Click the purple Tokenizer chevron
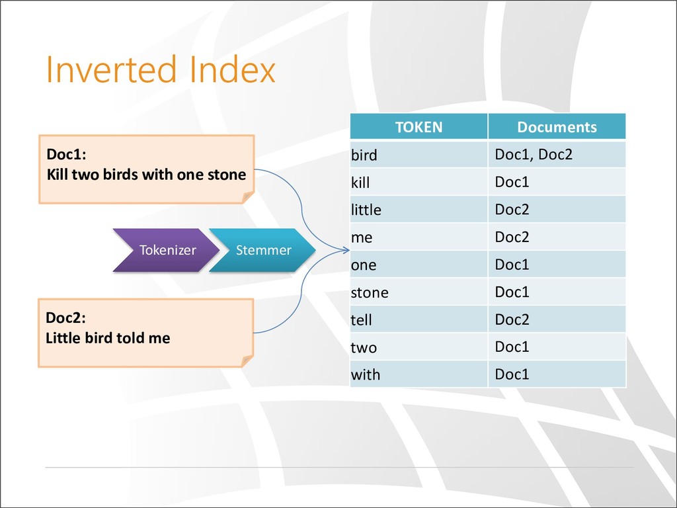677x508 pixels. (166, 250)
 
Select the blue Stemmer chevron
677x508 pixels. (262, 250)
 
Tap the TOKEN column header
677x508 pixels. (418, 126)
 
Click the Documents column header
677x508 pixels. (557, 126)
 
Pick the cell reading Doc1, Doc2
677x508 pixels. (557, 154)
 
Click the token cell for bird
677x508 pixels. (418, 154)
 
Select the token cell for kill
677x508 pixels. (418, 182)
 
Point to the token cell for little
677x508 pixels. (418, 210)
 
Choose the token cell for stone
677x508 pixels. (418, 292)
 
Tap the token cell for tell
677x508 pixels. (418, 319)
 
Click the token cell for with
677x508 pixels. (418, 374)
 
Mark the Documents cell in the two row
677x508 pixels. (557, 347)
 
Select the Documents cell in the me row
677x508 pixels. (557, 237)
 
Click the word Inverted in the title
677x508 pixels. (111, 69)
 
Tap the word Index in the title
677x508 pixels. (232, 69)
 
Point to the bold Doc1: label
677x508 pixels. (67, 154)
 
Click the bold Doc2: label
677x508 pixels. (65, 317)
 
